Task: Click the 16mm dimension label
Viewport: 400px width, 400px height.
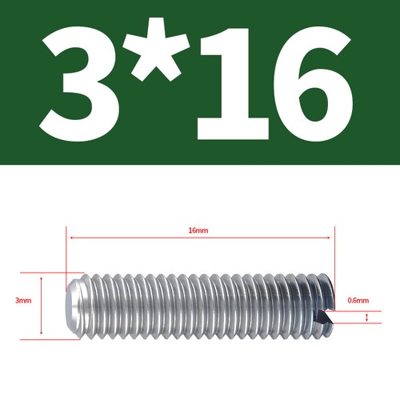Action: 198,230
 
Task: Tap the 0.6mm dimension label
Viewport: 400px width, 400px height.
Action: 358,301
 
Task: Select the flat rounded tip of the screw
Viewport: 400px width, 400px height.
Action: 72,305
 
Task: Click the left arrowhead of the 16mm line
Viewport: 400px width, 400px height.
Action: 72,238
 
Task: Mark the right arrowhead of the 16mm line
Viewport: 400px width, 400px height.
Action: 328,238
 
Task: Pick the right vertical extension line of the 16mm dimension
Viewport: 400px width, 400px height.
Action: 334,256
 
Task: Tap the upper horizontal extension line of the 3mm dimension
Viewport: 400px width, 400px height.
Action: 48,272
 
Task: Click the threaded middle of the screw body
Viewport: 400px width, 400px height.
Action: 200,305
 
